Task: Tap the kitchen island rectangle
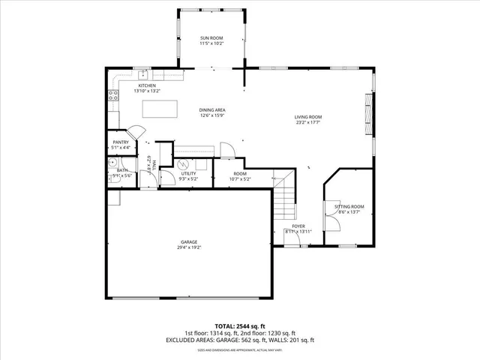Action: (160, 109)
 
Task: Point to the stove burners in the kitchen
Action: (113, 95)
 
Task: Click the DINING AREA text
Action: (213, 109)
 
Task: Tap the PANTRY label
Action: (120, 142)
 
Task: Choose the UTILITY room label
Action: (188, 173)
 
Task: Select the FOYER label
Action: (298, 226)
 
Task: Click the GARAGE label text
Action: (188, 241)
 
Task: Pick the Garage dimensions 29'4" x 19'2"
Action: (189, 247)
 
